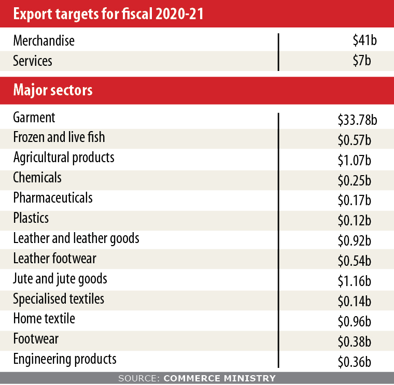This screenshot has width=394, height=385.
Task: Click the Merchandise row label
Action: [x=44, y=41]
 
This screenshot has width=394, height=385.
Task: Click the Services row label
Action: [x=33, y=61]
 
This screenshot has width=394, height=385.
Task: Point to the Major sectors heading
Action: [x=53, y=90]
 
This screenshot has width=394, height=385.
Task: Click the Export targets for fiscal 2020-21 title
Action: [x=107, y=14]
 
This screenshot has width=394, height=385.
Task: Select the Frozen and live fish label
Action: [x=59, y=137]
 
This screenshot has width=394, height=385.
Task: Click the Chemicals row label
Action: [x=37, y=178]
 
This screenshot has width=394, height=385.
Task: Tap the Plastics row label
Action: [x=31, y=218]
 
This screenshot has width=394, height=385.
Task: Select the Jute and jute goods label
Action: [x=60, y=279]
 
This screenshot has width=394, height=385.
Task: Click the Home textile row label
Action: [x=44, y=319]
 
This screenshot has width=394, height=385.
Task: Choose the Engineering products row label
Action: [x=65, y=359]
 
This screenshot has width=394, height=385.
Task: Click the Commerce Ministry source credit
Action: [x=197, y=378]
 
